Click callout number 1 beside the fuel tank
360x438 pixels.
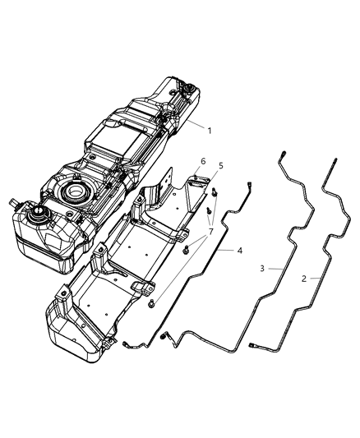click(x=210, y=130)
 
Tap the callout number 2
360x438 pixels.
click(x=305, y=278)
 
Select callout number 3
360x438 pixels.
click(x=262, y=268)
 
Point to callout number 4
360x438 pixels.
click(x=239, y=249)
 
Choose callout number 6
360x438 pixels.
click(x=202, y=161)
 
